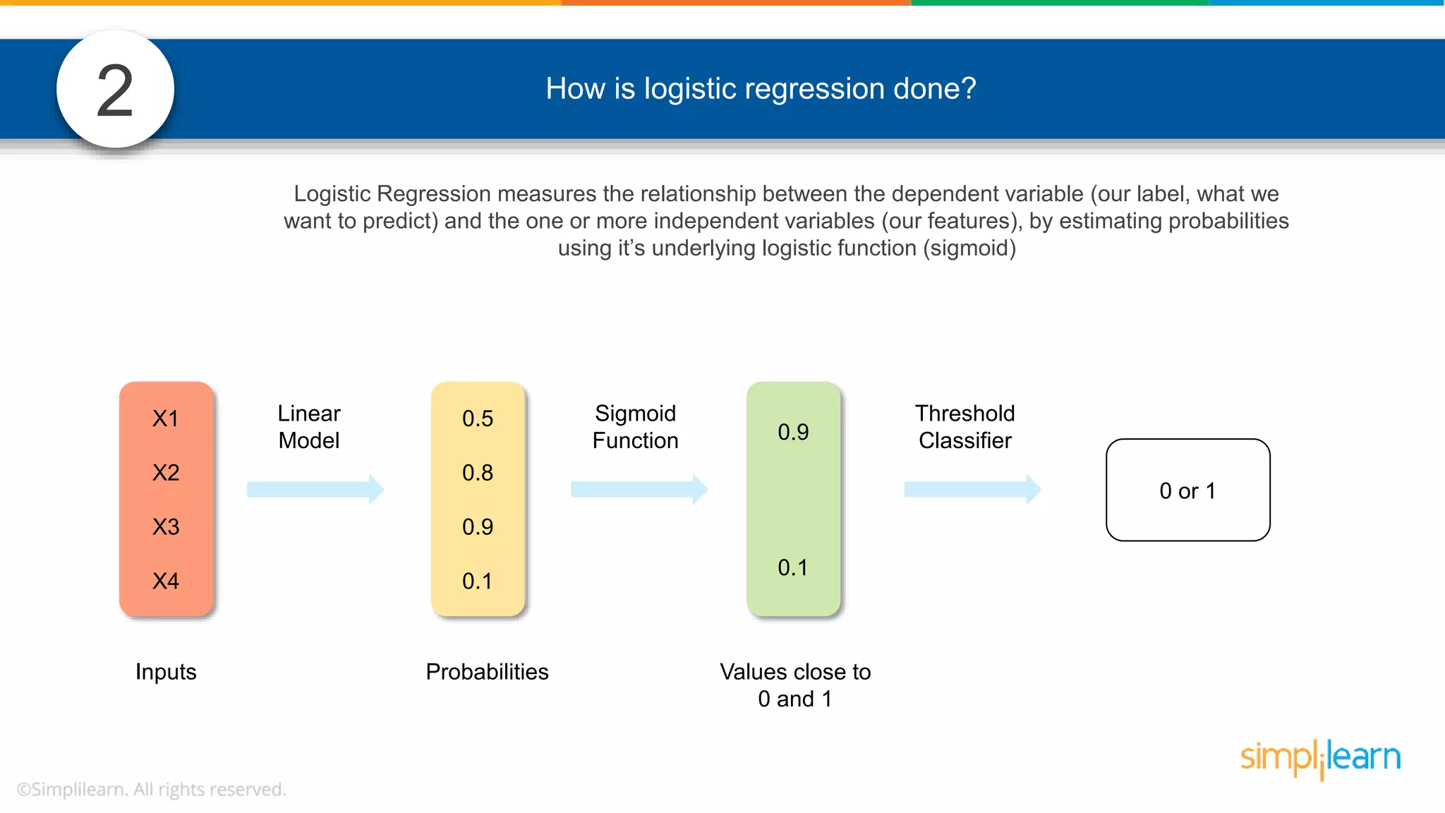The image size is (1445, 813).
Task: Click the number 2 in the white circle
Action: [115, 90]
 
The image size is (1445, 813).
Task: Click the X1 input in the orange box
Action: [166, 418]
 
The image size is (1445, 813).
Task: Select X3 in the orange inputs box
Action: [166, 526]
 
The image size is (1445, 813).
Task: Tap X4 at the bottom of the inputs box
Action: [166, 581]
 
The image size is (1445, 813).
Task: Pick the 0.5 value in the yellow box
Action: [478, 418]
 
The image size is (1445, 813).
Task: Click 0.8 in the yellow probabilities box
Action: [478, 473]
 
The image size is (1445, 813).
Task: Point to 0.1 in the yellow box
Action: [478, 581]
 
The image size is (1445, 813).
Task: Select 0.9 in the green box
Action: [793, 432]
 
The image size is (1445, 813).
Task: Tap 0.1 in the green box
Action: [793, 567]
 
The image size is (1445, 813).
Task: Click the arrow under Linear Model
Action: [315, 489]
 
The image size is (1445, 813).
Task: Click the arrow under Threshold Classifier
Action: [972, 489]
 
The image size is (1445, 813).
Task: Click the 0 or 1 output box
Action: [1187, 490]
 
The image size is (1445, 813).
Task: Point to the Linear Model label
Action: [309, 427]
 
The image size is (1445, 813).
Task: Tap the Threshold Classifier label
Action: [965, 427]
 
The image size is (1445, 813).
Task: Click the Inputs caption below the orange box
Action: [166, 671]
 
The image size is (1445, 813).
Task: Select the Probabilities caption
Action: [487, 671]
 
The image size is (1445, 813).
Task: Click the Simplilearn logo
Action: [1320, 758]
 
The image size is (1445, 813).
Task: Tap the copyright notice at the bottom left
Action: [151, 789]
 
